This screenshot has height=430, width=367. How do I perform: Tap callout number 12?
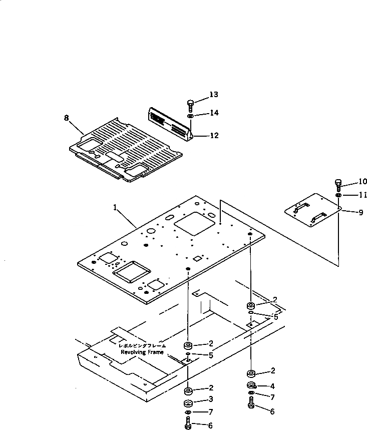(214, 135)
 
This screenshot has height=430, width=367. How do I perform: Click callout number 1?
(116, 206)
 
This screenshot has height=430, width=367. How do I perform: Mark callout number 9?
(360, 212)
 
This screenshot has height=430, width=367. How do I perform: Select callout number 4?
(272, 386)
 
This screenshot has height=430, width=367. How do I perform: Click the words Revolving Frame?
(142, 352)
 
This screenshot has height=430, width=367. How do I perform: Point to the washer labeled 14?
(191, 116)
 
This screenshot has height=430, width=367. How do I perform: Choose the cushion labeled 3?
(188, 403)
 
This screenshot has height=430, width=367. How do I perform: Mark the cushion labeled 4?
(251, 385)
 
